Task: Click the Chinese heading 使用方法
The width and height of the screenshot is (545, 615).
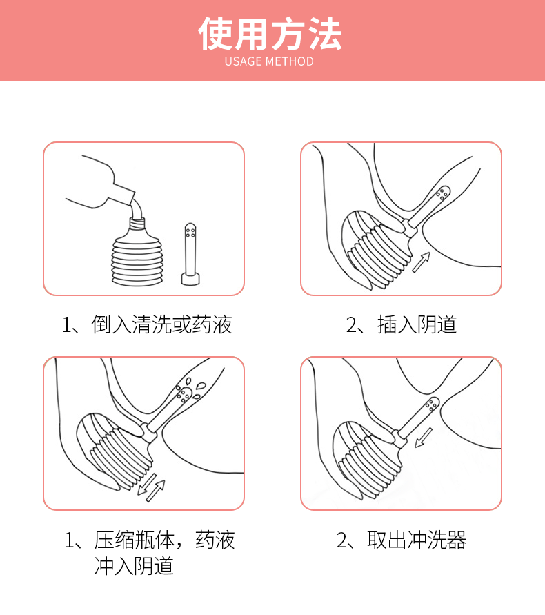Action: [270, 34]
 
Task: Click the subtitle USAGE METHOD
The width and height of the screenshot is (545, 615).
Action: [269, 61]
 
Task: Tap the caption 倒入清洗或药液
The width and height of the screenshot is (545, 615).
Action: [161, 325]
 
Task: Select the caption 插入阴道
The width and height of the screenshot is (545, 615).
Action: [417, 325]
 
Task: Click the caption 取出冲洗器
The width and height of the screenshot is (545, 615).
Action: [417, 540]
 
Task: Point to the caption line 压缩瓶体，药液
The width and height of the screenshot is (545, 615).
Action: [164, 540]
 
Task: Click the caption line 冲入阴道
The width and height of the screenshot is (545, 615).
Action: [134, 566]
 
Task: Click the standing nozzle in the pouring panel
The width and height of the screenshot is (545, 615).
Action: [190, 254]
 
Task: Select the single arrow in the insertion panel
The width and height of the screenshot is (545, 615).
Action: [421, 262]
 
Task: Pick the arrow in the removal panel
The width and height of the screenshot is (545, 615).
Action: [424, 437]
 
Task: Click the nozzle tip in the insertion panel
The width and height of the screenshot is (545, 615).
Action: [443, 193]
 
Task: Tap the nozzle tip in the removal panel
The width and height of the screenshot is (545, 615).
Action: [432, 404]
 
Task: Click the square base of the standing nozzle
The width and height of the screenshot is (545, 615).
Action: [190, 279]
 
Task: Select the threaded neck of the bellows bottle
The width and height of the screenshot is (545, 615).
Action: [137, 224]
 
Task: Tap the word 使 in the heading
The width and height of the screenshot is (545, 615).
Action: [215, 34]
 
